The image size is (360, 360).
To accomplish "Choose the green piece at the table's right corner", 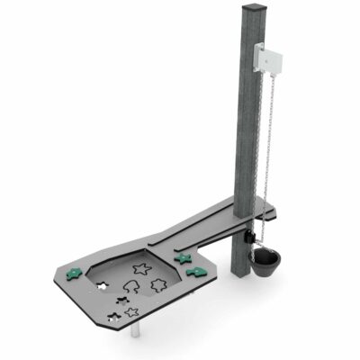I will [193, 271].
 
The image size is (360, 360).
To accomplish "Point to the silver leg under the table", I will [136, 332].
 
